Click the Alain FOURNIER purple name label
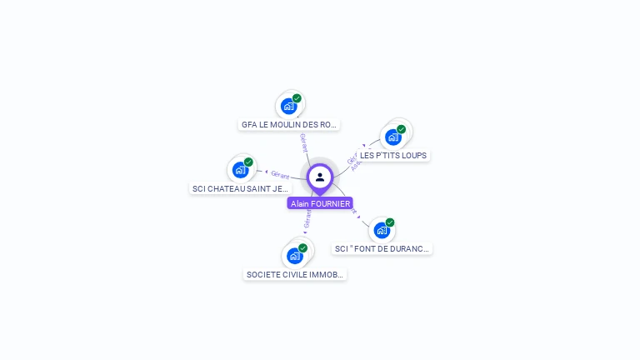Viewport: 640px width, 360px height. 320,203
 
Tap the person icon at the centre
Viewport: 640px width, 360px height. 320,177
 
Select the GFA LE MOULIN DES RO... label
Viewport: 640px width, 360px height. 289,125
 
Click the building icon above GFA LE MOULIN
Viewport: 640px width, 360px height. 288,106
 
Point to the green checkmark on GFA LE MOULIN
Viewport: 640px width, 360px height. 297,98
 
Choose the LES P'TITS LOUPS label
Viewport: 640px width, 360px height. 393,156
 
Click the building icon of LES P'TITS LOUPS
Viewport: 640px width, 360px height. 393,137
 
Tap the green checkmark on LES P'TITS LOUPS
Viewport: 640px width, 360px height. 401,129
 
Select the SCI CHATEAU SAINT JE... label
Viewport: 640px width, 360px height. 240,189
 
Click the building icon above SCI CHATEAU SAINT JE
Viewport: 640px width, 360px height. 240,170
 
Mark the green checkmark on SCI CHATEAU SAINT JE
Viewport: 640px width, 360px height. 248,162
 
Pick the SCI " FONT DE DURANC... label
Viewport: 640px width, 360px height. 382,249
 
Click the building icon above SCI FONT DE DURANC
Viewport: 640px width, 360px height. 382,230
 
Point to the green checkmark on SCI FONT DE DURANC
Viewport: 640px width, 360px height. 390,222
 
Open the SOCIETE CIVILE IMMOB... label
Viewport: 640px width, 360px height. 295,275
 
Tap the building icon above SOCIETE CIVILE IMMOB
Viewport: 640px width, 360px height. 294,256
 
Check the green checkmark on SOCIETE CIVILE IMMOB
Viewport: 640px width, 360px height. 302,247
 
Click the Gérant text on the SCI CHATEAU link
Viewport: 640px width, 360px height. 280,174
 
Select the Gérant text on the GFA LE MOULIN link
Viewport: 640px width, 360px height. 303,142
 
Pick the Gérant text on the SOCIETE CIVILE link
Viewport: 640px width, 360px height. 307,219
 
